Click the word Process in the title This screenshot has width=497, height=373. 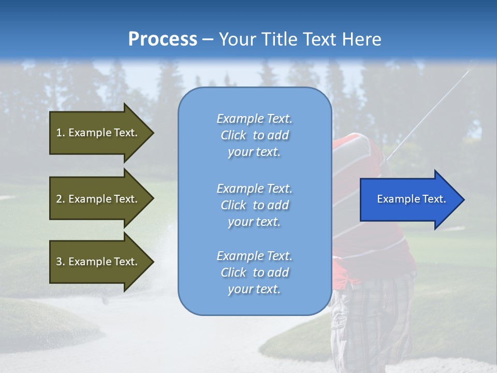163,39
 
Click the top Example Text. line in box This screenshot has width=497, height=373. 254,119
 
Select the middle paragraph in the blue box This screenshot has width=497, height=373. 254,205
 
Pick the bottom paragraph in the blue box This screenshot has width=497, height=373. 254,272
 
